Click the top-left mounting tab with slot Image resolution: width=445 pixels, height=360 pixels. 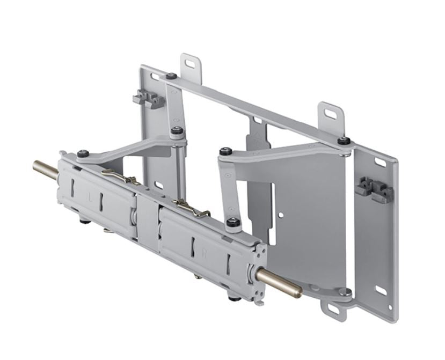point(189,63)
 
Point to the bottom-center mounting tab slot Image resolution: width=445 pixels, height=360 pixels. point(332,310)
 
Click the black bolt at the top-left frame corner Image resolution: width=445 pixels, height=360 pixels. point(171,76)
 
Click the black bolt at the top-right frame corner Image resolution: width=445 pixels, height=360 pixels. point(344,141)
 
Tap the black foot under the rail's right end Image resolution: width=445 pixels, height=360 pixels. point(235,295)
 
